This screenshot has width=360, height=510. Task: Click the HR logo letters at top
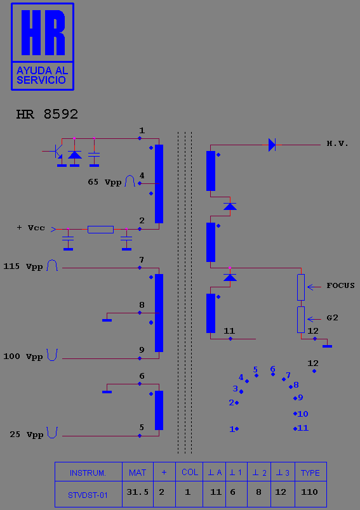(43, 32)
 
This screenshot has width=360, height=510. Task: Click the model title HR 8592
(47, 114)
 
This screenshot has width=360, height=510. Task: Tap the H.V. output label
(338, 143)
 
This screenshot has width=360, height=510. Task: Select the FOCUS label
(340, 285)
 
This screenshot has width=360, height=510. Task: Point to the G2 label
(332, 318)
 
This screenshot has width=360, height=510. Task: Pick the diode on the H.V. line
(272, 145)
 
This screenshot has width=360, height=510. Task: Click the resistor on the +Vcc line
(100, 229)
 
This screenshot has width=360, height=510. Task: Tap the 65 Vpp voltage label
(105, 182)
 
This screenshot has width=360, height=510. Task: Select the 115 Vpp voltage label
(23, 266)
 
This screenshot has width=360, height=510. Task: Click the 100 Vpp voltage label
(23, 356)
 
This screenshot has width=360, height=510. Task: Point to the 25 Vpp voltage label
(27, 435)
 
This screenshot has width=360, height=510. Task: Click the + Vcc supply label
(30, 228)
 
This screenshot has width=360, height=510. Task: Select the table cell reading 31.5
(137, 492)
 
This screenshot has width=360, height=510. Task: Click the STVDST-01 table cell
(88, 495)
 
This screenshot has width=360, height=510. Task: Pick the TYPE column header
(310, 473)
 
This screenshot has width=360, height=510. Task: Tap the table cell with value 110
(309, 492)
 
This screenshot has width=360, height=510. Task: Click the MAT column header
(137, 473)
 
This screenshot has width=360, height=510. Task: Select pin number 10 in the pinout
(303, 414)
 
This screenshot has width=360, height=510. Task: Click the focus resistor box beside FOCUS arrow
(301, 287)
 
